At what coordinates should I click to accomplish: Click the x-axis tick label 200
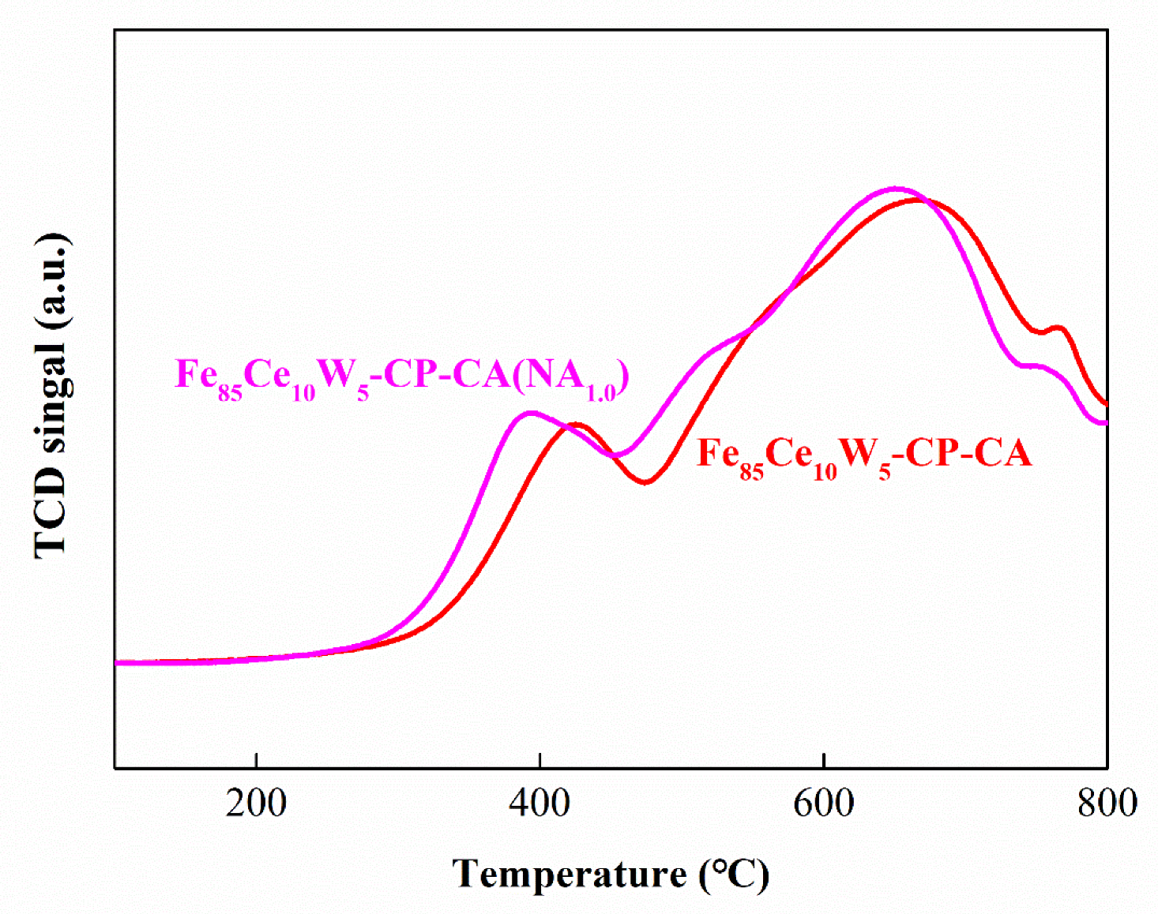click(256, 803)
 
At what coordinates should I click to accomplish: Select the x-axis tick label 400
click(540, 803)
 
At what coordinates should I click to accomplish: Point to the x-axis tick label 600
click(823, 803)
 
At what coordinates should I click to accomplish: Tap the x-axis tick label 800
click(1107, 803)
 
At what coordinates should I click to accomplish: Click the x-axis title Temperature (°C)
click(610, 875)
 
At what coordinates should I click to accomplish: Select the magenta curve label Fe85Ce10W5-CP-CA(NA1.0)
click(401, 376)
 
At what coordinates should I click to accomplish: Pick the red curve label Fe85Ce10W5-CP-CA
click(864, 455)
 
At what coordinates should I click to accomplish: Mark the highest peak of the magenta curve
click(895, 189)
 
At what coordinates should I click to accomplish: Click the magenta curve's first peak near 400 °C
click(531, 413)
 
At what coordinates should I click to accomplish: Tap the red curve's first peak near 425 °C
click(577, 425)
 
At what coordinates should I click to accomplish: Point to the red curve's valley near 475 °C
click(645, 481)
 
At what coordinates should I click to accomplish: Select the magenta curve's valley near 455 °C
click(616, 455)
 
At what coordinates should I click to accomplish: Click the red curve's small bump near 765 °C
click(1058, 328)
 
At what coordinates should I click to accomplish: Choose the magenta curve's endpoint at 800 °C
click(1105, 423)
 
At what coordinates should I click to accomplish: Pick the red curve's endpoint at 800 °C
click(1105, 403)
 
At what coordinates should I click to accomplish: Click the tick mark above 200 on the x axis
click(256, 761)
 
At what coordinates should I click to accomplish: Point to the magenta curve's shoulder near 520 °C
click(715, 348)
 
